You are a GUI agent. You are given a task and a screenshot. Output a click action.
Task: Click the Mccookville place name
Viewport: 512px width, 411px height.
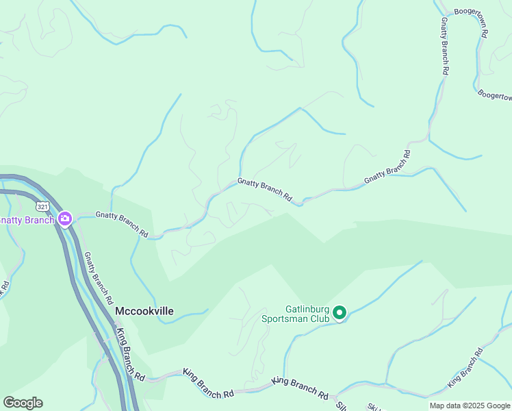[x=144, y=311]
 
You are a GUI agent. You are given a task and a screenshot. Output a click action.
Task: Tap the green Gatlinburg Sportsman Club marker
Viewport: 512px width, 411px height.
[x=340, y=314]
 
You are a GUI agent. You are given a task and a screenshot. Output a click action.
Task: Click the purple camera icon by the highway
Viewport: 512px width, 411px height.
[x=66, y=219]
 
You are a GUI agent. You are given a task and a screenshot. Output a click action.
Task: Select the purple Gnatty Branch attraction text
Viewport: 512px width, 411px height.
[x=27, y=220]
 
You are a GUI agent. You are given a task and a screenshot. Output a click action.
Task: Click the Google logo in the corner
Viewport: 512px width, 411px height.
[x=23, y=403]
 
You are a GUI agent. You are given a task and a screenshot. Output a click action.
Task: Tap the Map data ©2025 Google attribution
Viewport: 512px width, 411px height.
[x=469, y=406]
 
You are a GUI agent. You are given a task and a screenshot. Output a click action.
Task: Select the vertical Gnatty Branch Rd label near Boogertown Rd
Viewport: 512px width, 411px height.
[x=444, y=46]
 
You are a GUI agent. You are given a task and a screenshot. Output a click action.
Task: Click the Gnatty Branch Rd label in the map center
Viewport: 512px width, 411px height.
[x=265, y=190]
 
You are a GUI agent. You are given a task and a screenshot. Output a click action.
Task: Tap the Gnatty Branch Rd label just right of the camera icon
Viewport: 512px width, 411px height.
[x=122, y=224]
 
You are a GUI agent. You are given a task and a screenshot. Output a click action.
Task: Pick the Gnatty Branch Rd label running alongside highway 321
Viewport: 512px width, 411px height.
[x=99, y=278]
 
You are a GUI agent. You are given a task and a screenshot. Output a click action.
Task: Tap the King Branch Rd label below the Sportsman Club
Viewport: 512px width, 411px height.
[x=300, y=388]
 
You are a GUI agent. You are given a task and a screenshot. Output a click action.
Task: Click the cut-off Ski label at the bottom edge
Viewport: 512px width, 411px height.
[x=374, y=407]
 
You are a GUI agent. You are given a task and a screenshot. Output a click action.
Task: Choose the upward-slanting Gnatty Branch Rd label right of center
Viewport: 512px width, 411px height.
[x=387, y=166]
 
